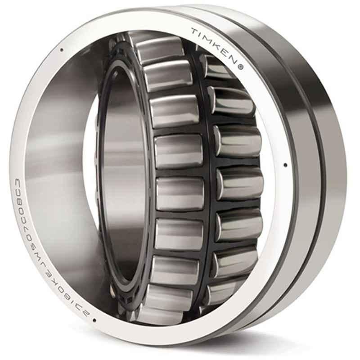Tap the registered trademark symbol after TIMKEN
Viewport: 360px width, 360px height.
click(x=241, y=68)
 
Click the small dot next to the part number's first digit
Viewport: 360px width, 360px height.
click(x=94, y=320)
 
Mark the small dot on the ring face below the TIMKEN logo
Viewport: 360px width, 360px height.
click(x=285, y=165)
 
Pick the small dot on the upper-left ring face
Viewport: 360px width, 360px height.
click(x=61, y=50)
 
